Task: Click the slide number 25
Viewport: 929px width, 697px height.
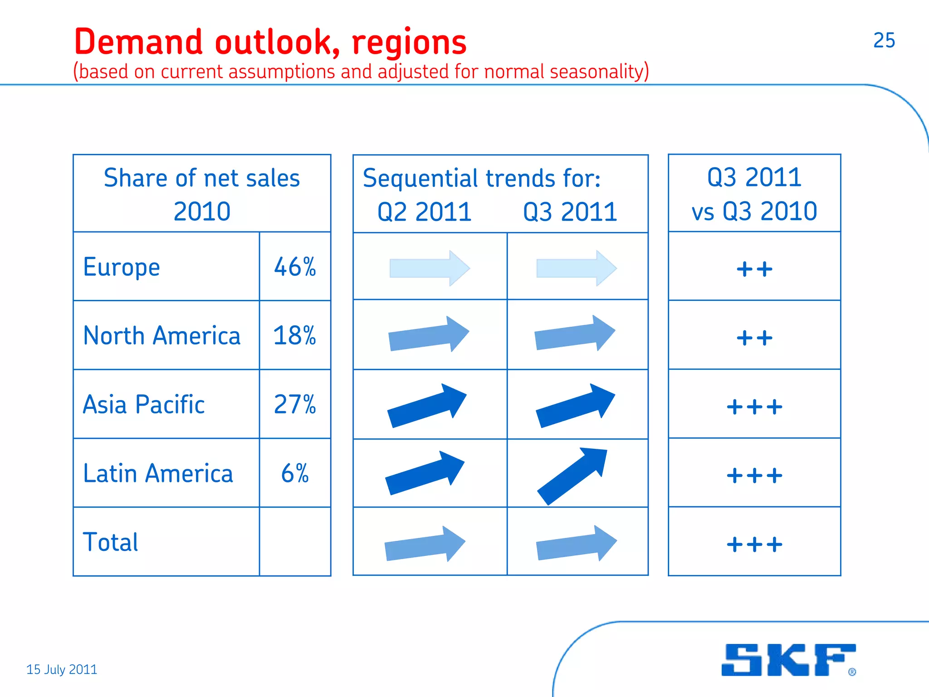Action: (x=884, y=40)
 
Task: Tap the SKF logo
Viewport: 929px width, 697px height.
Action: (x=788, y=660)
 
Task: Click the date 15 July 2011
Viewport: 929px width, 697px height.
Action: (x=62, y=669)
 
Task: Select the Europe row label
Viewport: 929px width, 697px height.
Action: (x=122, y=267)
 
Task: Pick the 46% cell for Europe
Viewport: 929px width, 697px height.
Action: (x=295, y=267)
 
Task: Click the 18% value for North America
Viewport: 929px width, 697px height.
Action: (x=294, y=336)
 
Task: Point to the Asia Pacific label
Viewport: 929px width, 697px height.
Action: (x=144, y=404)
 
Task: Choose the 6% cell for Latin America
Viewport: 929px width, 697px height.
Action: (x=295, y=473)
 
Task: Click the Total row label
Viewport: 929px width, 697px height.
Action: (x=111, y=542)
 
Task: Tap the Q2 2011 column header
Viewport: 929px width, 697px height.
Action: (x=425, y=212)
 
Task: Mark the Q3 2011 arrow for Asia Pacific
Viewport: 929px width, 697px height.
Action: (x=575, y=405)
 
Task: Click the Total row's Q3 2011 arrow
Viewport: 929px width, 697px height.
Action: (x=576, y=544)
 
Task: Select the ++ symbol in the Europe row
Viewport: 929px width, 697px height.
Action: (x=754, y=269)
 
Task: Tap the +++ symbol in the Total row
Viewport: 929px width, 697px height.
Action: (x=754, y=544)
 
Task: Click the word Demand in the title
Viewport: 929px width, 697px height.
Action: (x=138, y=42)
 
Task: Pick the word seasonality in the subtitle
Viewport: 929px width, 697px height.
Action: (x=599, y=72)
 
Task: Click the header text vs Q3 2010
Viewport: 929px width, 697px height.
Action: (x=754, y=211)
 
